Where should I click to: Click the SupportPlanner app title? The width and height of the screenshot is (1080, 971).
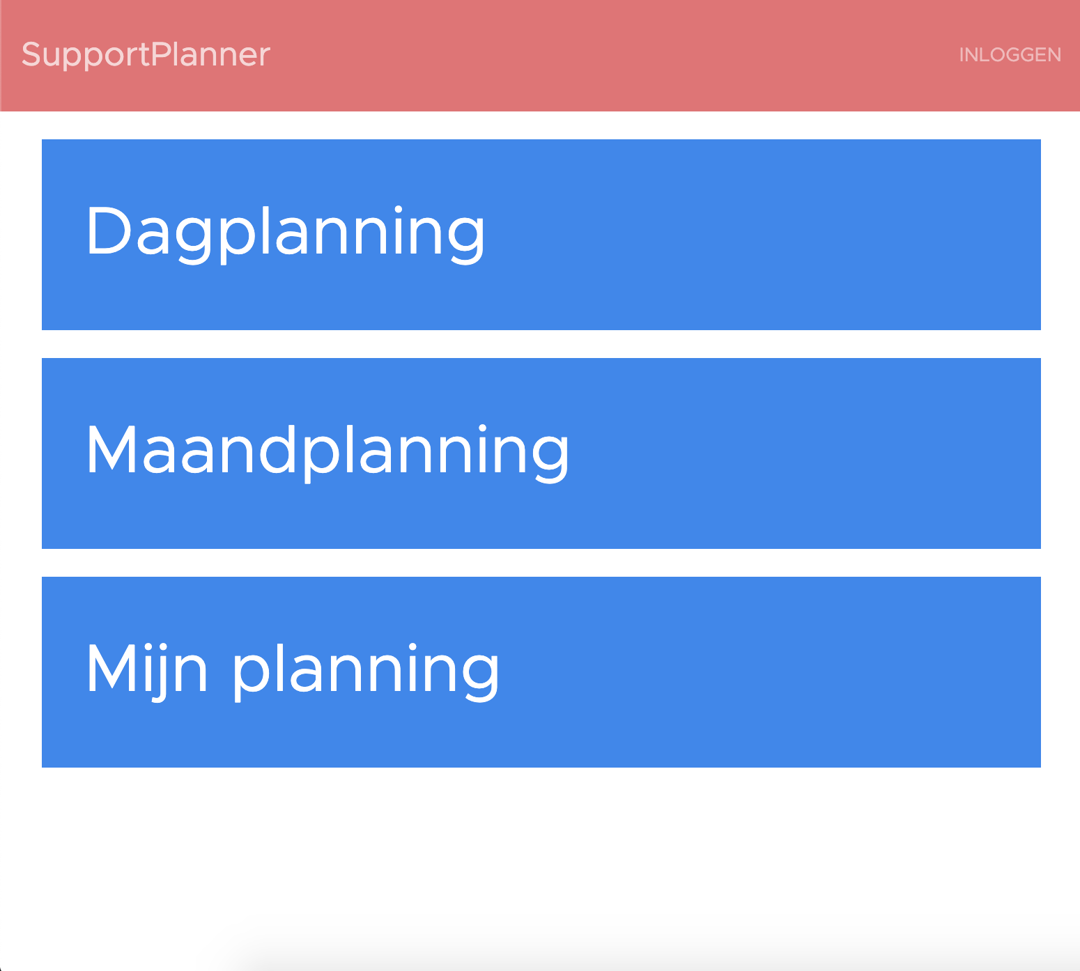coord(146,55)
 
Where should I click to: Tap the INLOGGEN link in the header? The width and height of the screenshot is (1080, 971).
coord(1010,55)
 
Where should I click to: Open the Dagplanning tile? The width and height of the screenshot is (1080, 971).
coord(541,235)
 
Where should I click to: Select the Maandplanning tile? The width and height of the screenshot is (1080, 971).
coord(541,453)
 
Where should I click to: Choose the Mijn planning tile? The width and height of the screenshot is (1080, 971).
coord(541,672)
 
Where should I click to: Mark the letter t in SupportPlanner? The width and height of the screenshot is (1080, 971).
coord(144,56)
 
